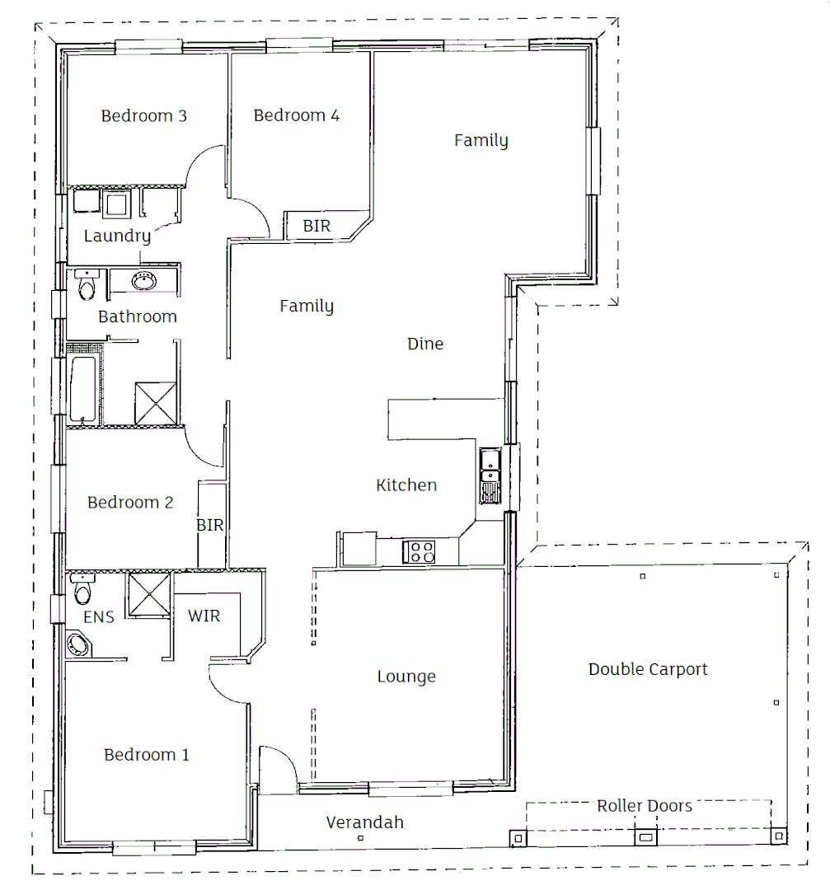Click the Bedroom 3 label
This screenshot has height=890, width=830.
[x=143, y=115]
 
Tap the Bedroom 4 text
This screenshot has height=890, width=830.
[x=296, y=115]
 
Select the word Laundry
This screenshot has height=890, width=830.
[x=117, y=237]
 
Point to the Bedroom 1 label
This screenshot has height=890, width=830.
[x=147, y=755]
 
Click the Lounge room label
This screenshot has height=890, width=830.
[x=406, y=677]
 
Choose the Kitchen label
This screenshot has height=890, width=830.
[x=406, y=485]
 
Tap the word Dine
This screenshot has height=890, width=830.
[x=425, y=344]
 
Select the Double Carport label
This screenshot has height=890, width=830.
[x=648, y=669]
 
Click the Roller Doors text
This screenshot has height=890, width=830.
[x=645, y=805]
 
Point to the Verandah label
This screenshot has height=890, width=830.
[x=364, y=822]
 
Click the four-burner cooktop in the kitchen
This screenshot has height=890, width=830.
[x=419, y=551]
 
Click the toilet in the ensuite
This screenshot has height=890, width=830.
[x=82, y=591]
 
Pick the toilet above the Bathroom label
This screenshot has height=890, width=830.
[x=86, y=286]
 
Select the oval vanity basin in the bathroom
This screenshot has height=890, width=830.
[x=143, y=281]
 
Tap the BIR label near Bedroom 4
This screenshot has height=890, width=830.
[x=317, y=226]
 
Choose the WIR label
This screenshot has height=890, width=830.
[x=204, y=616]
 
